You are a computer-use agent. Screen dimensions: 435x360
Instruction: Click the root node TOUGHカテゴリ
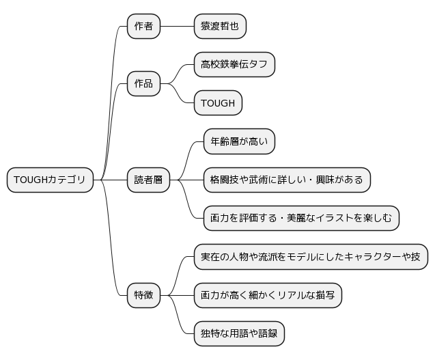(x=50, y=180)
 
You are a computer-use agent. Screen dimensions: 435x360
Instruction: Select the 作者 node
(x=143, y=27)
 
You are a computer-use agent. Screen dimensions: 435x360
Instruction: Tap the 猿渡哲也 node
(x=220, y=27)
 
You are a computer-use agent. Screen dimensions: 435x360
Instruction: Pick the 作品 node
(x=143, y=83)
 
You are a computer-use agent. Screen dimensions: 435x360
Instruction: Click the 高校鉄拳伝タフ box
(x=234, y=64)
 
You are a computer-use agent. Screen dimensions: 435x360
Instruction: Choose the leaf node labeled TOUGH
(x=218, y=102)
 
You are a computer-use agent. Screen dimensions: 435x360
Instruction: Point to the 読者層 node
(x=148, y=180)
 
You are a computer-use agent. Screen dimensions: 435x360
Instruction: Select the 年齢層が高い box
(x=239, y=141)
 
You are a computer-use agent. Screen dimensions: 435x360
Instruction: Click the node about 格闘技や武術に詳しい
(x=287, y=180)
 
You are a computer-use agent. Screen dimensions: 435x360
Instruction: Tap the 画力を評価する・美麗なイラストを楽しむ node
(x=301, y=218)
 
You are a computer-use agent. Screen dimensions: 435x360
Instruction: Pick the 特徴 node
(x=143, y=295)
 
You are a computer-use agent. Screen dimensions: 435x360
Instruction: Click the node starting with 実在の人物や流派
(x=311, y=257)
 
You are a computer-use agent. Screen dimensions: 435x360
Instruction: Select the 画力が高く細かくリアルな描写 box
(x=268, y=295)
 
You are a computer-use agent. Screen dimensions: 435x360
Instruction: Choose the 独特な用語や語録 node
(x=239, y=333)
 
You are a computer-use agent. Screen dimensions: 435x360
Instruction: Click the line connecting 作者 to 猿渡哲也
(x=178, y=27)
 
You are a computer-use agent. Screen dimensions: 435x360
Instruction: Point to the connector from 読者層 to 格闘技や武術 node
(x=186, y=180)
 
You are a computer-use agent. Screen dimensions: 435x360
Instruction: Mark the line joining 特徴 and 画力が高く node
(x=178, y=295)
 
